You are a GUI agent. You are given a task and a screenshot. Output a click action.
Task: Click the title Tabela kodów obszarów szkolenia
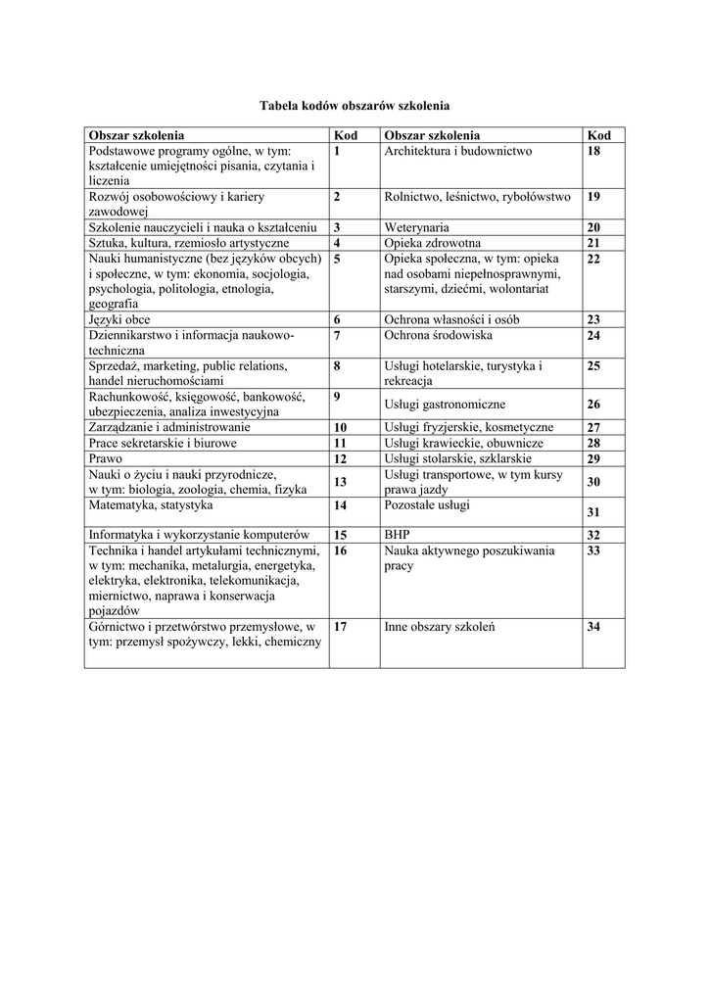pyautogui.click(x=354, y=104)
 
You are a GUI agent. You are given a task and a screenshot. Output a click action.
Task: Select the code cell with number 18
pyautogui.click(x=593, y=152)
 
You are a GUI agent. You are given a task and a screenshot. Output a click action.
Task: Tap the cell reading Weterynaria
pyautogui.click(x=416, y=227)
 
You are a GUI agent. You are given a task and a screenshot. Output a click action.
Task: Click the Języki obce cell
pyautogui.click(x=118, y=319)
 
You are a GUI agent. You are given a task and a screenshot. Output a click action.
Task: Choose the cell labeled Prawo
pyautogui.click(x=105, y=458)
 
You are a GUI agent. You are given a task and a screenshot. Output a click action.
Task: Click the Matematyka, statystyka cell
pyautogui.click(x=150, y=506)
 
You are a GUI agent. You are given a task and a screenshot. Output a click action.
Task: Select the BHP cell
pyautogui.click(x=397, y=535)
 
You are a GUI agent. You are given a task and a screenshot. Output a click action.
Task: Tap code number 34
pyautogui.click(x=593, y=627)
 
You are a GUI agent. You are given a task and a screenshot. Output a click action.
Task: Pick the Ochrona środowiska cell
pyautogui.click(x=438, y=335)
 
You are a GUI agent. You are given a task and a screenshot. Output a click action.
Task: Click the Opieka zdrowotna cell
pyautogui.click(x=432, y=243)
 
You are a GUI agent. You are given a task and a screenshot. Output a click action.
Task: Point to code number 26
pyautogui.click(x=593, y=405)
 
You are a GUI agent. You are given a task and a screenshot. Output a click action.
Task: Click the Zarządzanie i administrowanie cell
pyautogui.click(x=169, y=427)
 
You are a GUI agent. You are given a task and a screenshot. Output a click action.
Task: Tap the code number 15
pyautogui.click(x=341, y=535)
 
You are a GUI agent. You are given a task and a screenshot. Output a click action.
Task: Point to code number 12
pyautogui.click(x=341, y=458)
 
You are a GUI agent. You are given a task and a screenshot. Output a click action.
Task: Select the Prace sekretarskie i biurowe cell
pyautogui.click(x=163, y=443)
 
